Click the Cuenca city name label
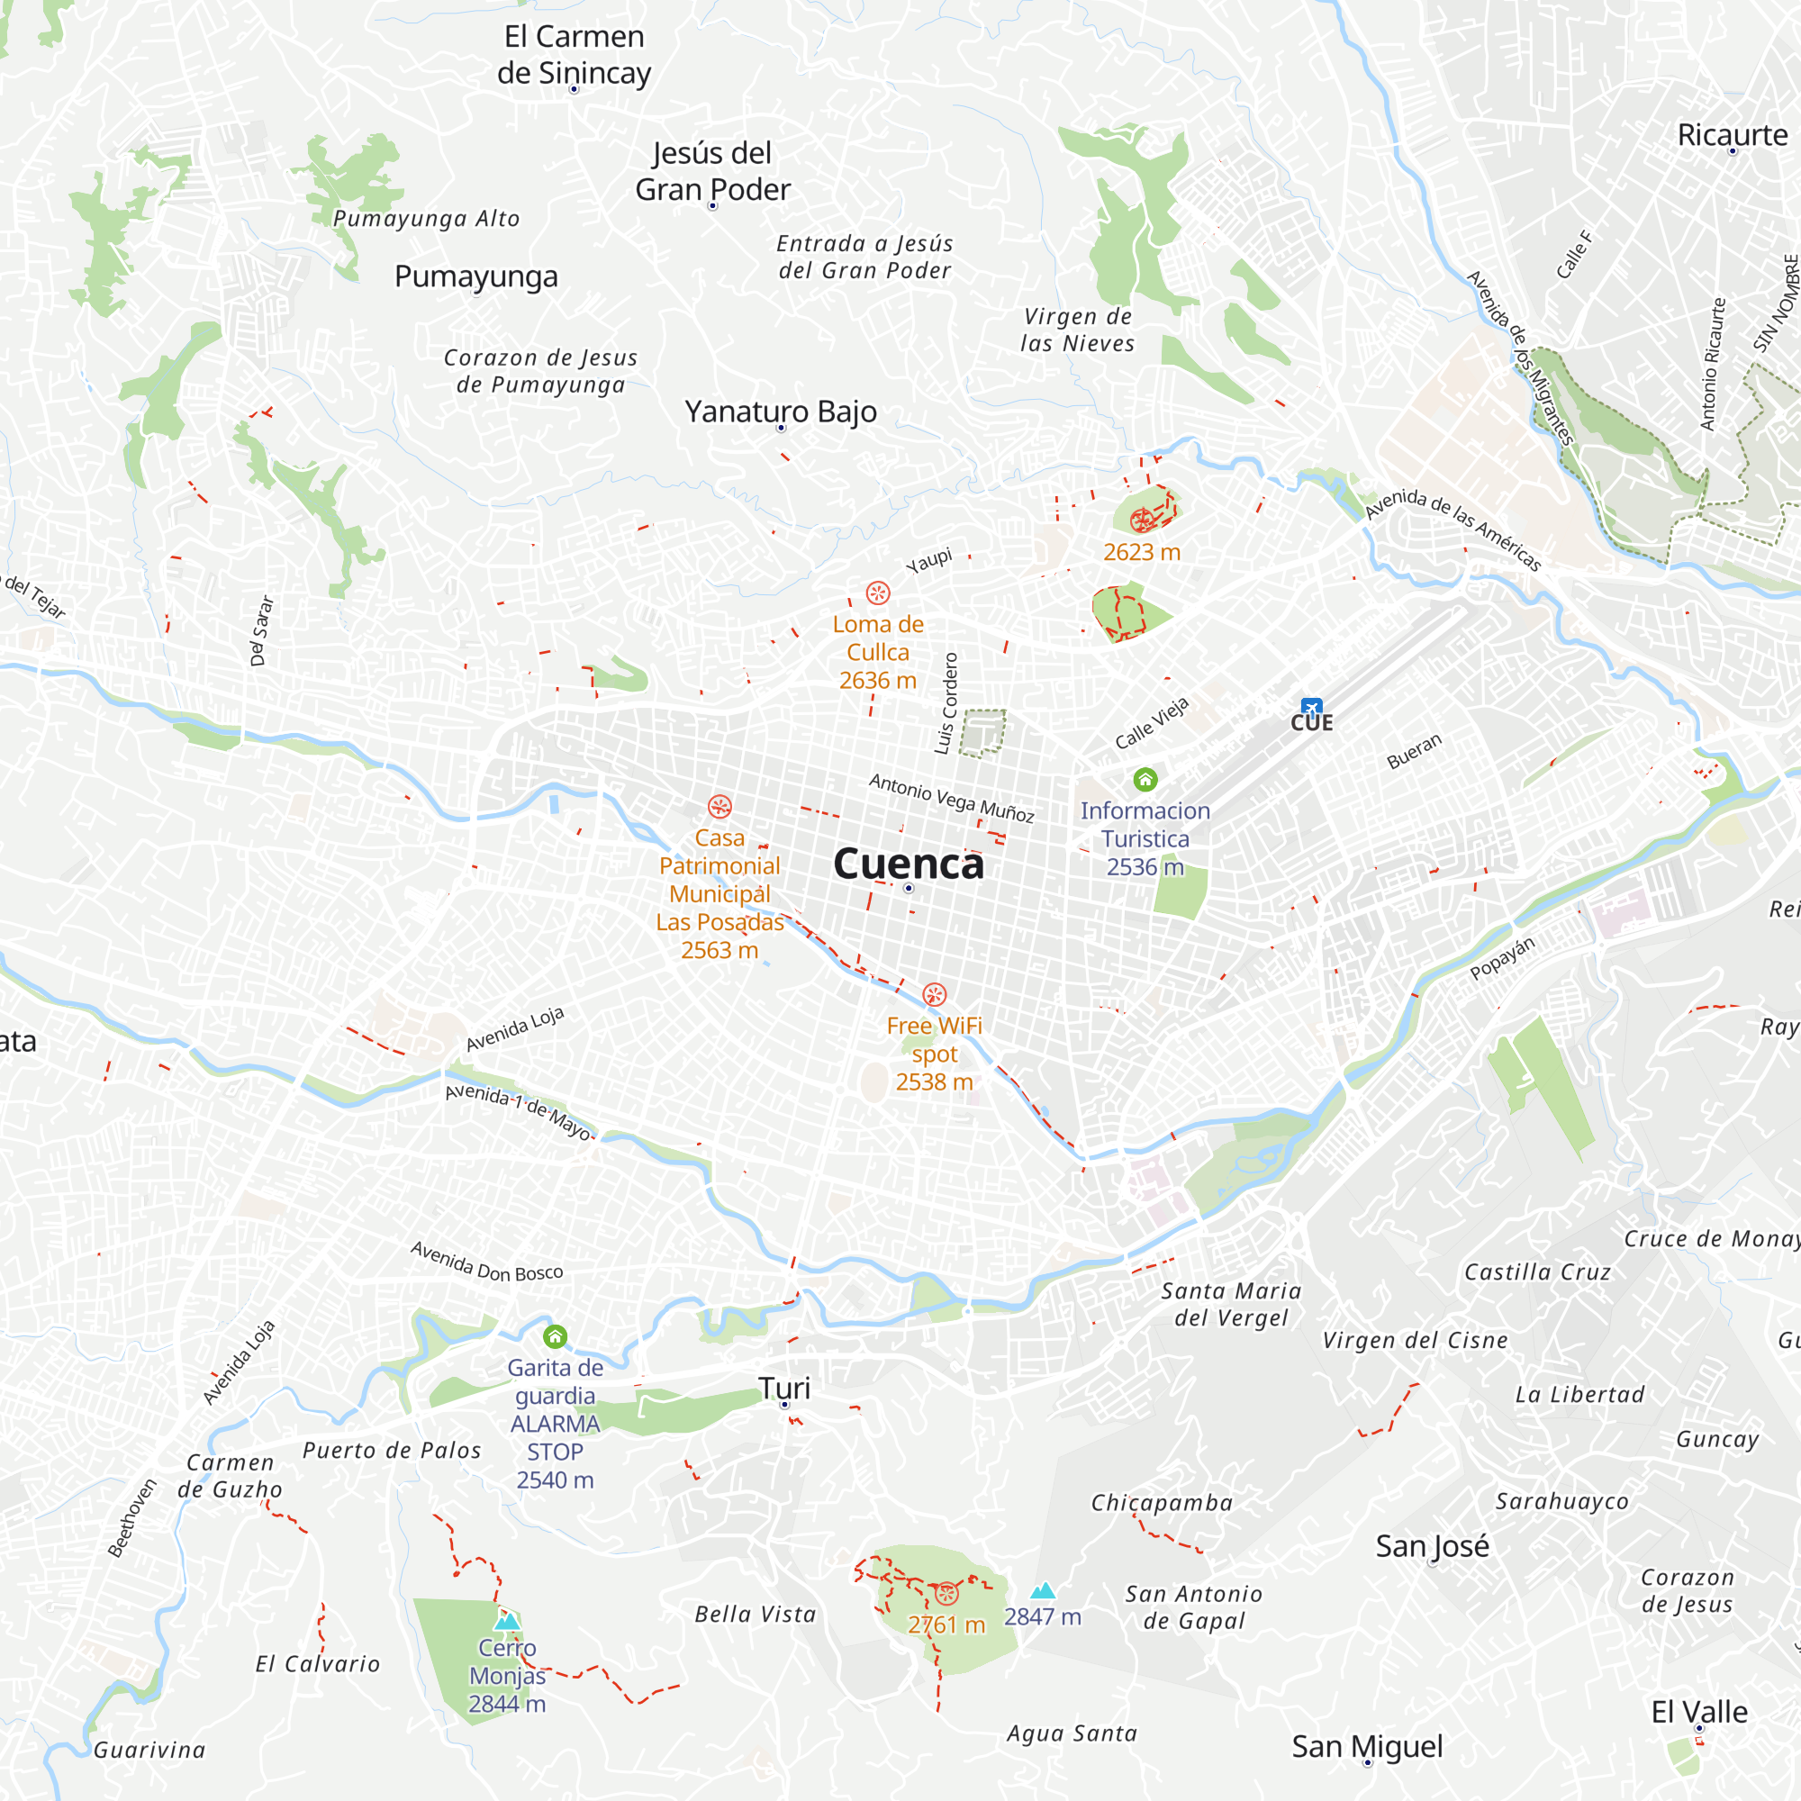(x=908, y=864)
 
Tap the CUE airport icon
(x=1312, y=708)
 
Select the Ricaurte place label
(x=1732, y=135)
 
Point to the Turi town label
(x=784, y=1388)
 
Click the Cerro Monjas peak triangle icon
(x=507, y=1620)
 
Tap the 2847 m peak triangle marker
(x=1042, y=1590)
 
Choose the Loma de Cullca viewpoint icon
(x=878, y=593)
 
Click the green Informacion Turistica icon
(x=1145, y=778)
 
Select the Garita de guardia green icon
(x=555, y=1336)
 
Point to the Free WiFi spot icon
(x=934, y=995)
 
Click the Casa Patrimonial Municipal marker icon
(x=719, y=806)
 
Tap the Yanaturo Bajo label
(x=780, y=412)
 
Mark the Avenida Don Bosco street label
(x=486, y=1263)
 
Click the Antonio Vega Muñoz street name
(x=951, y=798)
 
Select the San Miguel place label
(x=1367, y=1746)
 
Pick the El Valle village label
(x=1698, y=1712)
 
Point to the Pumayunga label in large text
(x=475, y=276)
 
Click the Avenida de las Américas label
(x=1453, y=529)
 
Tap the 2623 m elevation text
(x=1141, y=553)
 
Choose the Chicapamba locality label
(x=1162, y=1503)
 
